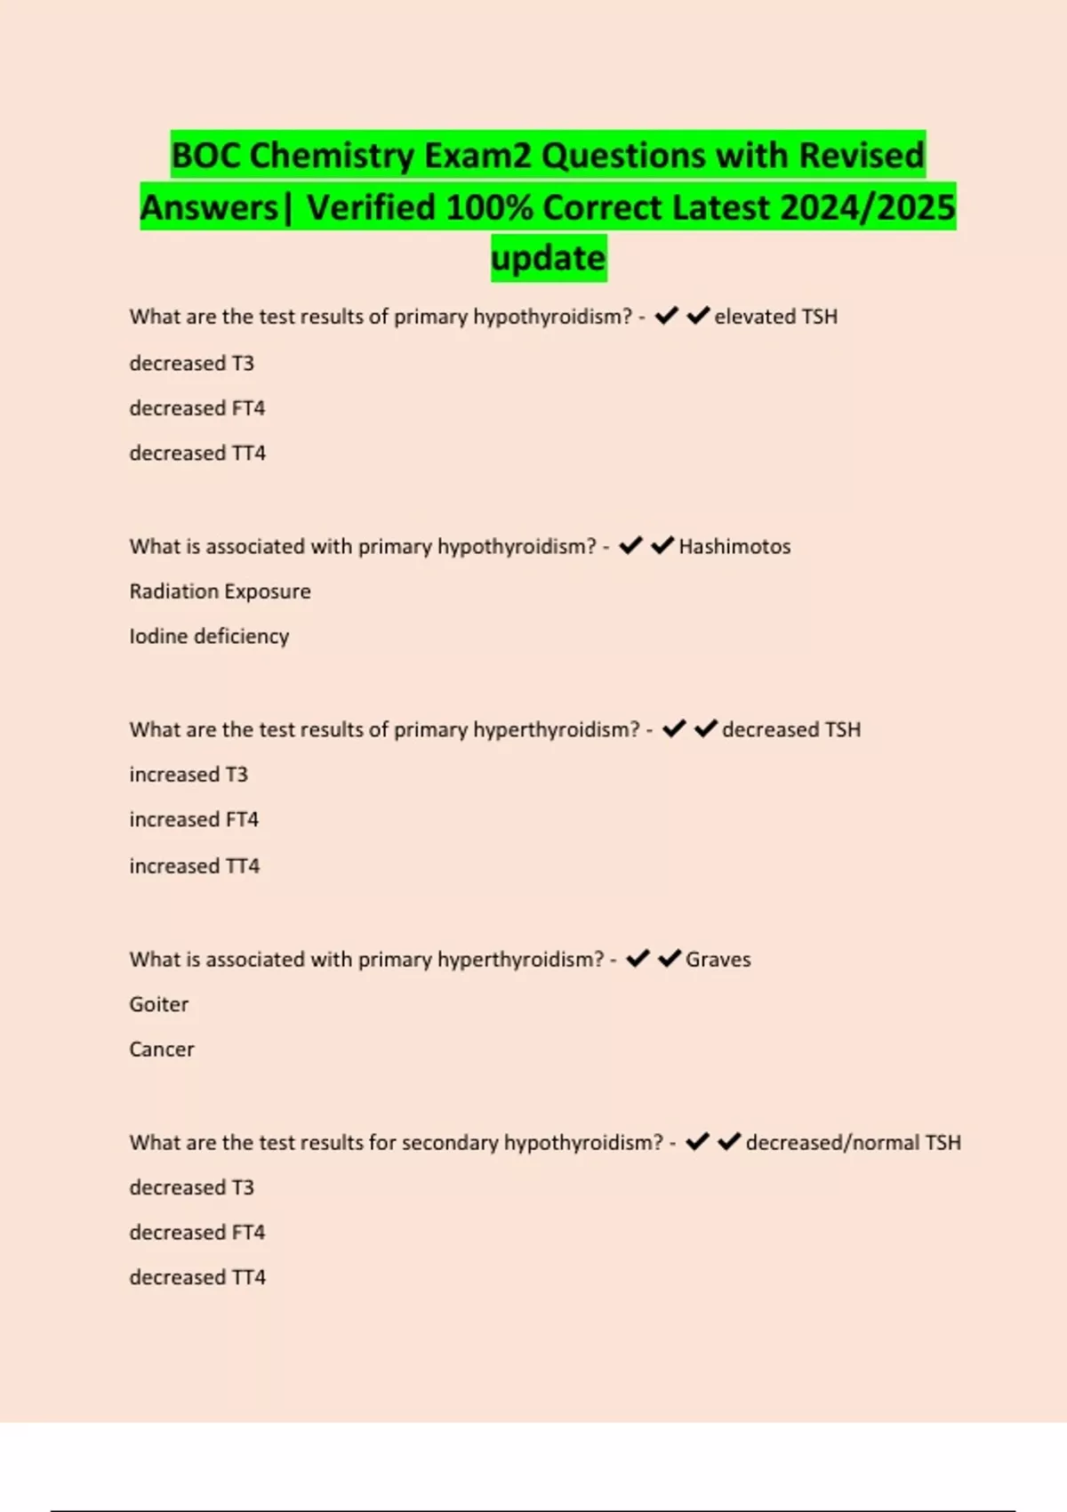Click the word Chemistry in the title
coord(331,156)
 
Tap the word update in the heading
coord(548,258)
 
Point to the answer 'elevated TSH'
coord(775,317)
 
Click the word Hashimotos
coord(734,546)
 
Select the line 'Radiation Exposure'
coord(220,591)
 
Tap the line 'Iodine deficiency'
coord(209,636)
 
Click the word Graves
coord(718,959)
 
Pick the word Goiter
coord(159,1004)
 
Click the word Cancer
coord(162,1050)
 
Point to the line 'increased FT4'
coord(194,819)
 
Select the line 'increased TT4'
coord(195,865)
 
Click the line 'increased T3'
coord(189,775)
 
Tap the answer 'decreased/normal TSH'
coord(853,1142)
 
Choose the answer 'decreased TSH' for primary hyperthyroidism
coord(790,729)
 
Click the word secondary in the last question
coord(450,1142)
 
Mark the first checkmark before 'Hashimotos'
coord(630,545)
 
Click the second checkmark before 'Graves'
coord(670,958)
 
